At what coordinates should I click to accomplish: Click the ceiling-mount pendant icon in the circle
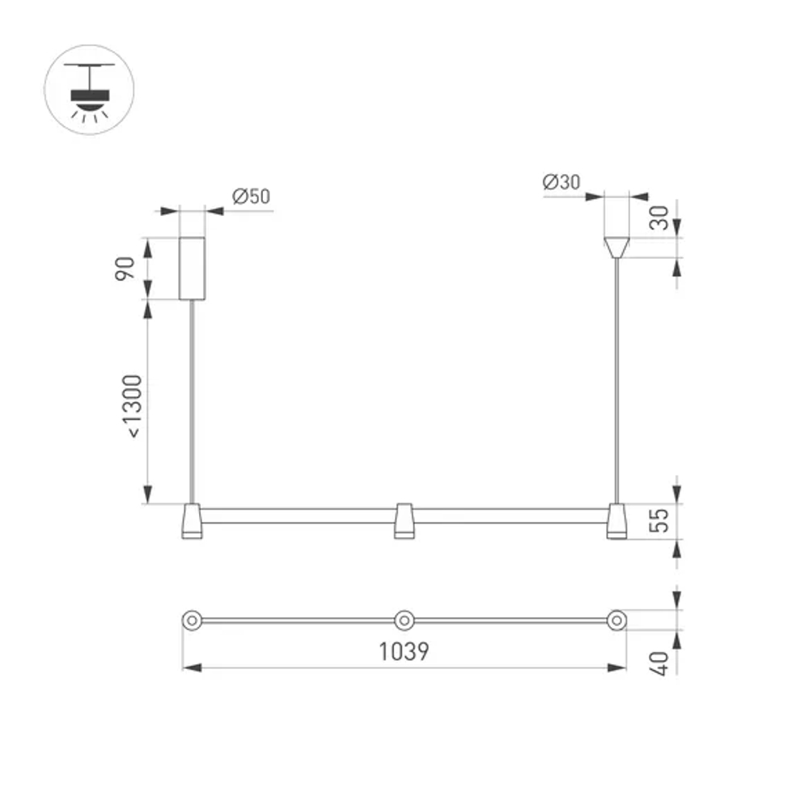click(89, 90)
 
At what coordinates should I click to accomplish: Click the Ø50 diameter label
click(250, 197)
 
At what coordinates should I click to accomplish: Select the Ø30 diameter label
click(562, 183)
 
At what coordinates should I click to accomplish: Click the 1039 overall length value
click(404, 651)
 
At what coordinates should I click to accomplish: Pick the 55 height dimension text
click(662, 522)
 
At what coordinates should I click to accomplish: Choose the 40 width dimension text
click(662, 663)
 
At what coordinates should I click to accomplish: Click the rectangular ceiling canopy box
click(192, 268)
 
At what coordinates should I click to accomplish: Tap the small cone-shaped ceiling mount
click(617, 247)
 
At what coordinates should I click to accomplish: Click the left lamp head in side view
click(192, 521)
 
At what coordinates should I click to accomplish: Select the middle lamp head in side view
click(404, 521)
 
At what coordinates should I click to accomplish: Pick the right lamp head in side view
click(617, 521)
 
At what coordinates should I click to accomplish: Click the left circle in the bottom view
click(192, 621)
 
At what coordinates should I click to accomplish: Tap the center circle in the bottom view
click(404, 621)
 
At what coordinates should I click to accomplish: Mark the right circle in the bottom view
click(617, 621)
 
